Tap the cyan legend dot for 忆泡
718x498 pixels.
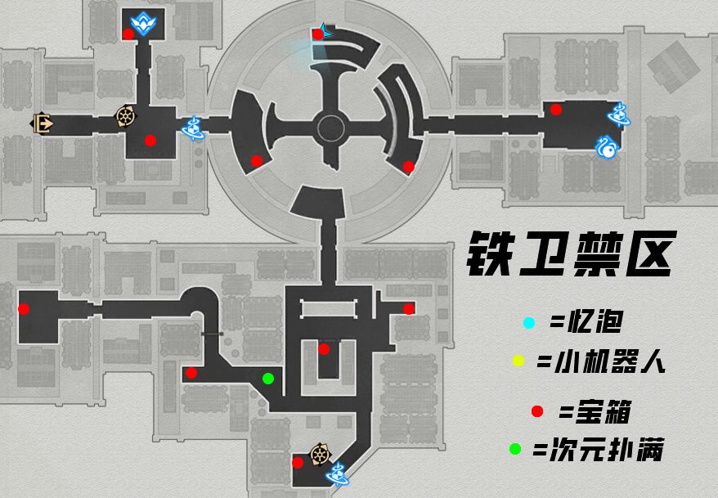point(528,324)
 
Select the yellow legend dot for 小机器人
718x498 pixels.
point(518,361)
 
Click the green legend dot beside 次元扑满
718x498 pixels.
point(514,448)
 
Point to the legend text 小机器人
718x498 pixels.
point(602,361)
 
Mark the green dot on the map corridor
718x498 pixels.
point(267,379)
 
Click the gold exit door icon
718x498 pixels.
point(42,123)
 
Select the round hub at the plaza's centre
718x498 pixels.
point(331,128)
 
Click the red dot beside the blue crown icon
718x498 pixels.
point(128,34)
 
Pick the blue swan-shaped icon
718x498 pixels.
point(608,146)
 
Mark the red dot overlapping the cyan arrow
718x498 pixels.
point(317,34)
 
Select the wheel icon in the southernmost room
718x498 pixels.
point(319,455)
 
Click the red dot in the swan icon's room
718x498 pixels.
point(556,110)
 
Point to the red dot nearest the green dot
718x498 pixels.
point(191,373)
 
